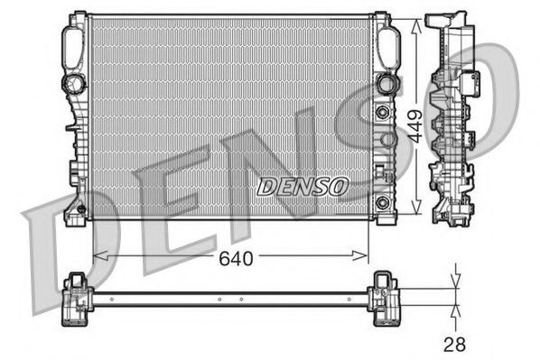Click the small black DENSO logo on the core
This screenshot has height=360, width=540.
[302, 187]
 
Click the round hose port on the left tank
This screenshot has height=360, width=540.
[72, 84]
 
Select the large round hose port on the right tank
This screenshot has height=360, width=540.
[385, 83]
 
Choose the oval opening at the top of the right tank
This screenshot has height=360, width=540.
[387, 42]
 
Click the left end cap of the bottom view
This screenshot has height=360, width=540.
[76, 299]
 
